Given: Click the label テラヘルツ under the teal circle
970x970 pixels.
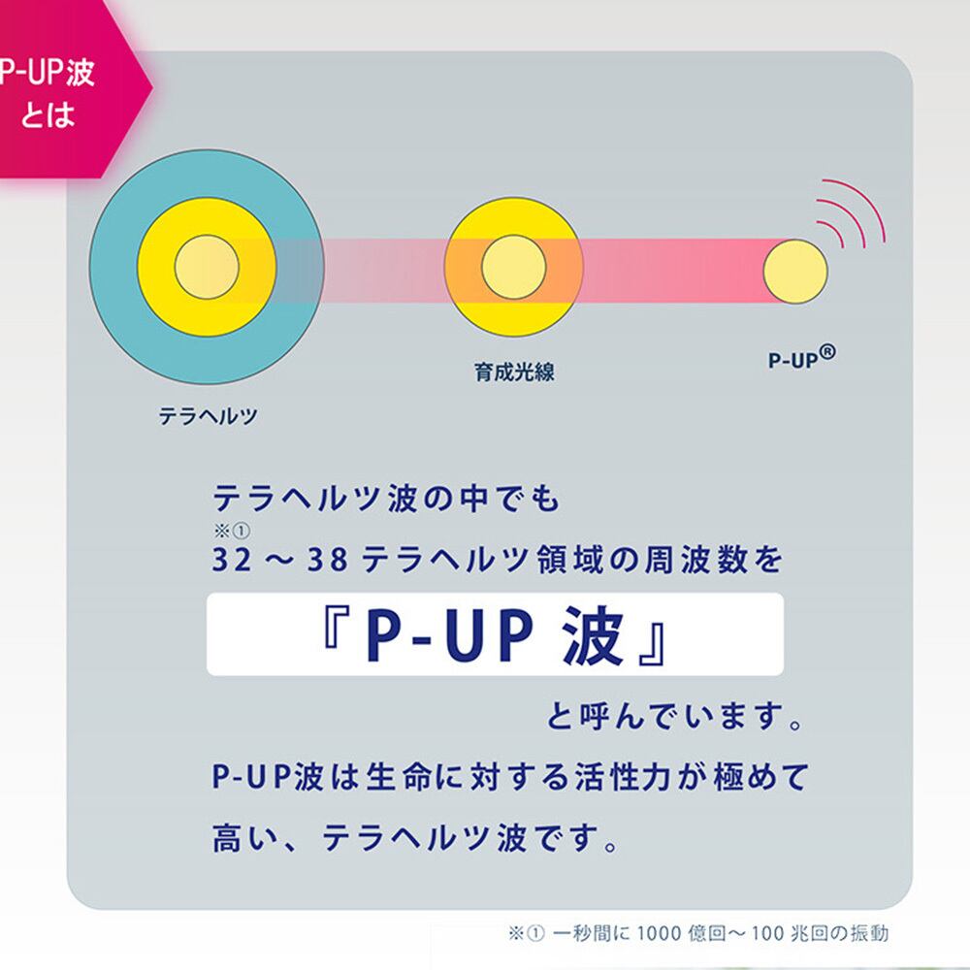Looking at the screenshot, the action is coord(208,416).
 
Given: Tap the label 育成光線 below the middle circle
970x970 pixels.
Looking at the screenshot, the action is coord(514,372).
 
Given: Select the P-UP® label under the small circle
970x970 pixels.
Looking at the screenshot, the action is coord(802,358).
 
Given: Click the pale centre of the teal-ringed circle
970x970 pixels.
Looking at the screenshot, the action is coord(207,267).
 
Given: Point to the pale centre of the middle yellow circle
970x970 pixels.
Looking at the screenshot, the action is coord(513,268).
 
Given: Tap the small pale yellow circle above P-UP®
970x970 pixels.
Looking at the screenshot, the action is coord(795,272).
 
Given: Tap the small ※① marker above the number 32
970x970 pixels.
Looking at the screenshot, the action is coord(232,531).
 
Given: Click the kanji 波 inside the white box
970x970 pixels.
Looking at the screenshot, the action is coord(592,635).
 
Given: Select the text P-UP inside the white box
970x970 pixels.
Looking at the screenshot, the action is coord(448,636).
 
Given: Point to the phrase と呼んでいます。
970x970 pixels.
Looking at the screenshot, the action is coord(674,717).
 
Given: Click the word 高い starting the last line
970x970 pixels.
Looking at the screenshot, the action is coord(245,838).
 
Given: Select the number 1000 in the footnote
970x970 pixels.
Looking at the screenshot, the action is coord(660,933).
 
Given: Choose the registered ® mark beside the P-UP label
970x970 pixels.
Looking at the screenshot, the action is coord(827,352).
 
